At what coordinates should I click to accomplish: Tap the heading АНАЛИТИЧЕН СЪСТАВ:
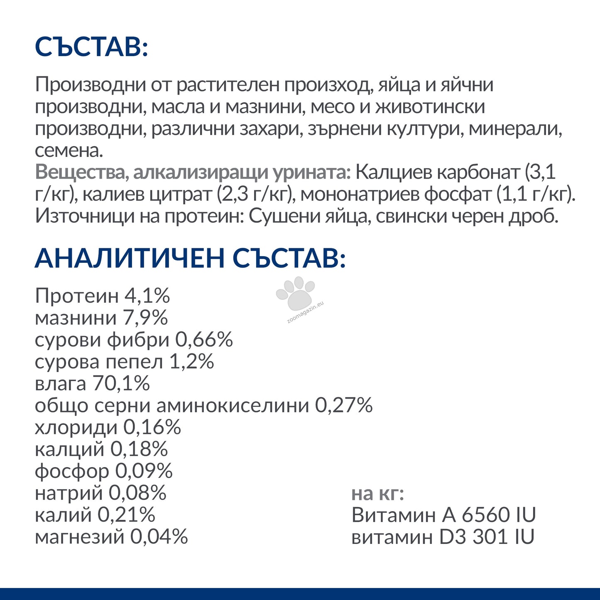tap(190, 258)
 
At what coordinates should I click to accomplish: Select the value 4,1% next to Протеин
tap(147, 296)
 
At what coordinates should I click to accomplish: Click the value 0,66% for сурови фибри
tap(204, 340)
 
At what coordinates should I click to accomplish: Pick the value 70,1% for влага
tap(121, 383)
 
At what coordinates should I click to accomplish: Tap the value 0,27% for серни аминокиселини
tap(344, 405)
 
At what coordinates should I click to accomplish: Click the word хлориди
tap(76, 427)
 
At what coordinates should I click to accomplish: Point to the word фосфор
tap(71, 471)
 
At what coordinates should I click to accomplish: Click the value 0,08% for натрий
tap(137, 493)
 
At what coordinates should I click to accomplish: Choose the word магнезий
tap(79, 537)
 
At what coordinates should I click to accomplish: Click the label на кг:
tap(377, 493)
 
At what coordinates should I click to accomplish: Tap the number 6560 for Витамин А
tap(485, 515)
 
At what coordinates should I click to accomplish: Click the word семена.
tap(69, 150)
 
